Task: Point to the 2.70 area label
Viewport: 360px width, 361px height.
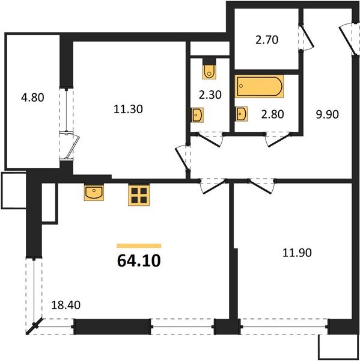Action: tap(266, 40)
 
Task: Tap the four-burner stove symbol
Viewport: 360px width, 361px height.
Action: tap(139, 194)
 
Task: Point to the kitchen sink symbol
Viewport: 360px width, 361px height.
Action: tap(94, 193)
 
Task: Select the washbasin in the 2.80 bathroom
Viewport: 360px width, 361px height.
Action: tap(242, 113)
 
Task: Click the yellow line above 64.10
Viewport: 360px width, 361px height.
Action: tap(139, 245)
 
